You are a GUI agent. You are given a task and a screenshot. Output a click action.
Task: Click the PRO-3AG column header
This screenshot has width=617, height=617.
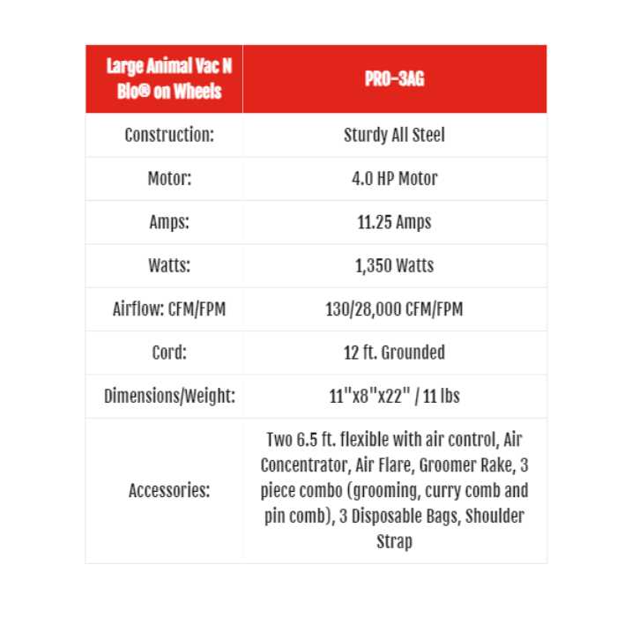click(x=394, y=79)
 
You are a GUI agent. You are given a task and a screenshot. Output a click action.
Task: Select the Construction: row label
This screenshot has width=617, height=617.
click(x=169, y=135)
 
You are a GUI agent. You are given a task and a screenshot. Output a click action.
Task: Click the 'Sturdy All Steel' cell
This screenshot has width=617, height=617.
click(x=394, y=135)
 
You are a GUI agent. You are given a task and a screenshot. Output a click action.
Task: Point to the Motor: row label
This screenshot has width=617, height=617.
click(x=169, y=178)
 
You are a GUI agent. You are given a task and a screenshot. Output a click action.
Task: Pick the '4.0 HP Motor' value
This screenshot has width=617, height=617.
click(x=394, y=178)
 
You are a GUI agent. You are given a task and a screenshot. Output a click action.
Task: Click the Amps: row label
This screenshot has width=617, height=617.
click(x=169, y=222)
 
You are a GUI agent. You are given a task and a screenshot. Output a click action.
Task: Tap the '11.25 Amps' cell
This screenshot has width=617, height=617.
click(x=394, y=222)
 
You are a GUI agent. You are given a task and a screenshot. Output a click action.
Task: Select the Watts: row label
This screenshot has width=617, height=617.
click(x=169, y=265)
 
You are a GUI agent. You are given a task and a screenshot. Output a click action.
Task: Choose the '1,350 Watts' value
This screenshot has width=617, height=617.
click(x=394, y=265)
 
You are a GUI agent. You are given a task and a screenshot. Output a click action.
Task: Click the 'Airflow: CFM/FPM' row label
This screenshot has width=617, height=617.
click(x=169, y=309)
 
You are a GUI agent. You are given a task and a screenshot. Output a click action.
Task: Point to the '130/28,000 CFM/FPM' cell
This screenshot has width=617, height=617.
click(x=394, y=309)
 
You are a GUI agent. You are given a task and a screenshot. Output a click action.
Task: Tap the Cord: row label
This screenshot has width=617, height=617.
click(x=169, y=353)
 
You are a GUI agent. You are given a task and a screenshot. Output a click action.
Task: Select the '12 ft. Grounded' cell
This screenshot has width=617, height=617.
click(x=394, y=353)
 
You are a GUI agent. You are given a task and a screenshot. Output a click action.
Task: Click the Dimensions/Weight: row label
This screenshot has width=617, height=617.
click(x=169, y=397)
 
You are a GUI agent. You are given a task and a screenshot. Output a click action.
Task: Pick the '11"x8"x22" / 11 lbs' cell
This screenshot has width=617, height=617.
click(x=394, y=397)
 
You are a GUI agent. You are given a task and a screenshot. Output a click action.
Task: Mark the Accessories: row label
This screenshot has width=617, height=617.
click(x=169, y=491)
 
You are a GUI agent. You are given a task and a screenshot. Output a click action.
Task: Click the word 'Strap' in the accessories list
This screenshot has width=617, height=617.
click(x=394, y=542)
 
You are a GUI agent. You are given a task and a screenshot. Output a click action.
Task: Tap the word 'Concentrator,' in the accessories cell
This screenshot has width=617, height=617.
click(x=304, y=465)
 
